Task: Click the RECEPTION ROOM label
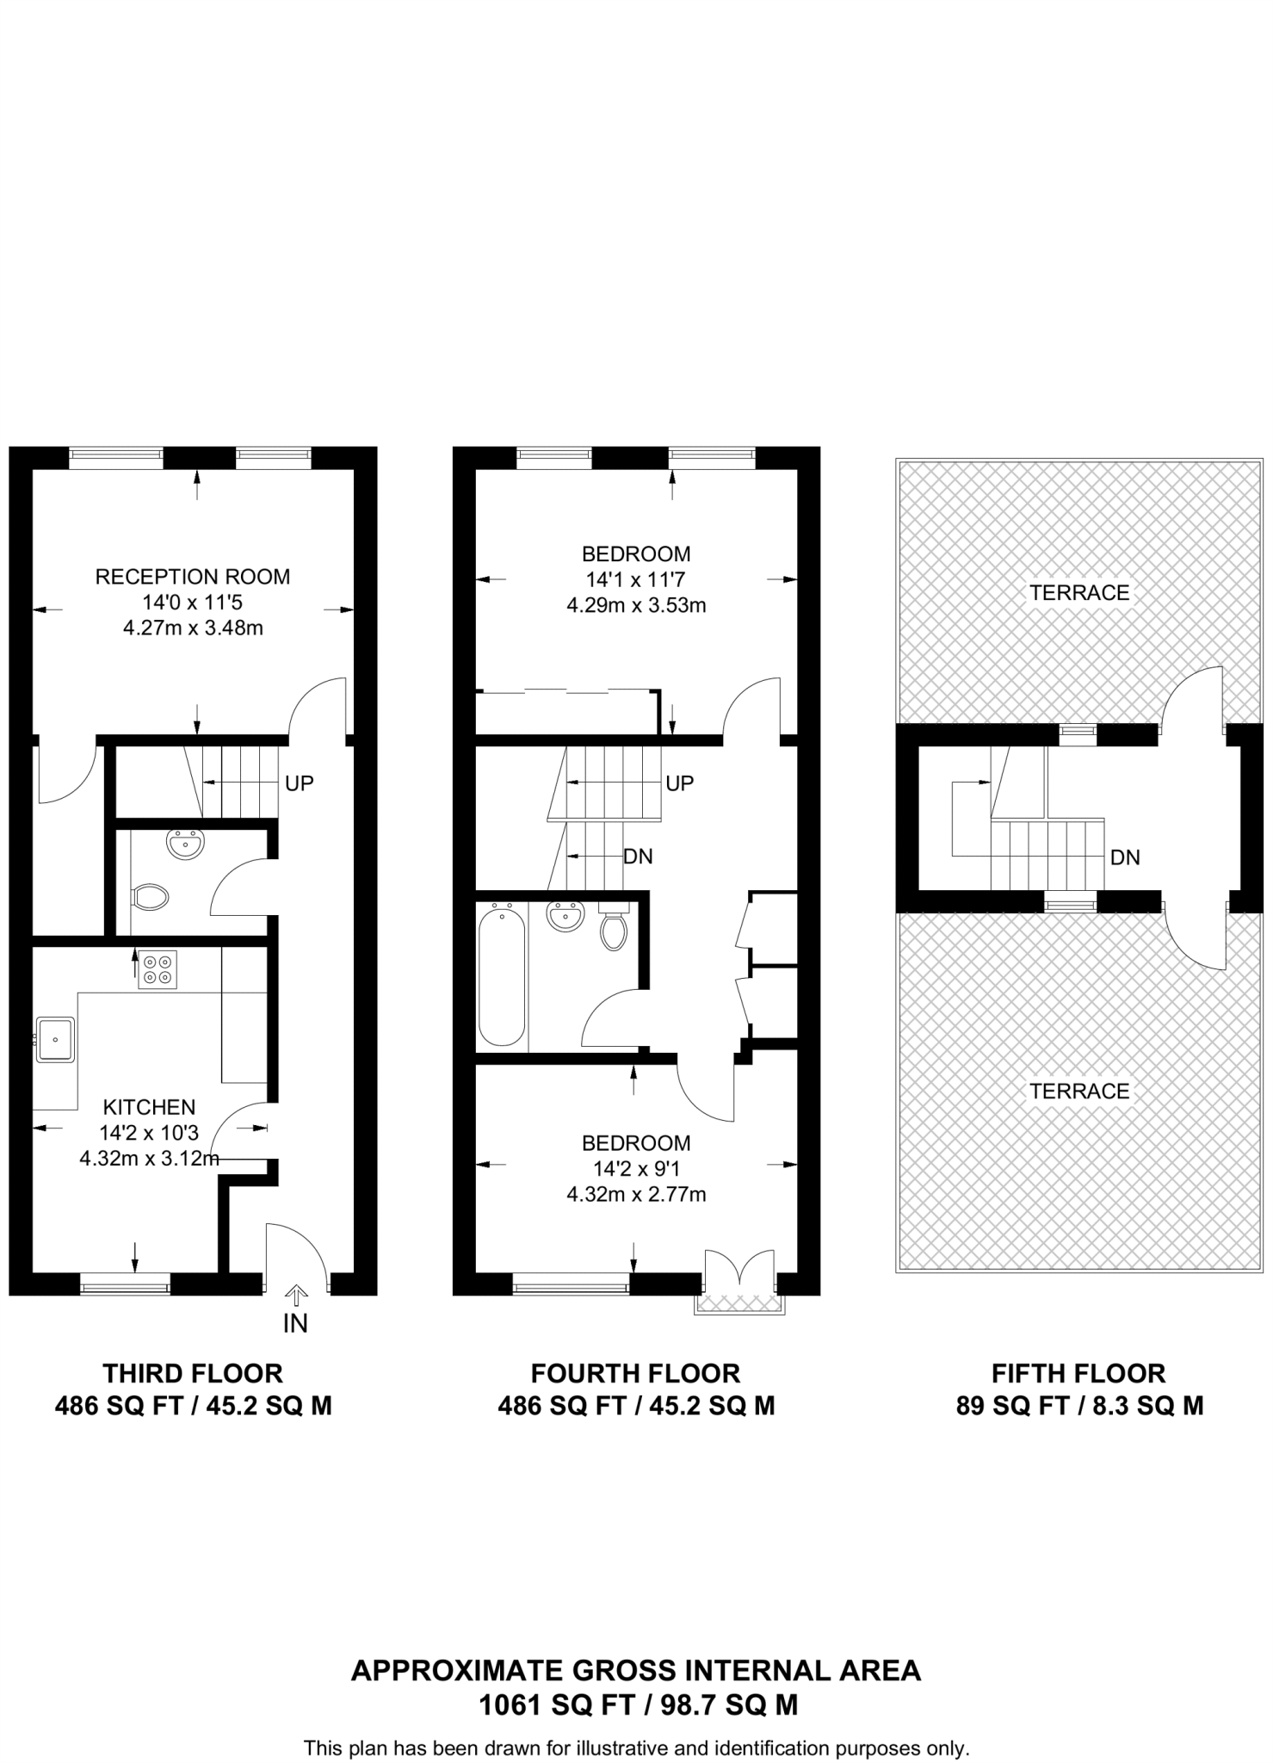(x=192, y=577)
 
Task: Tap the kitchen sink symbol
(x=56, y=1040)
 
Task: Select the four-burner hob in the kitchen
(x=158, y=969)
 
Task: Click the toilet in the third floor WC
(x=151, y=898)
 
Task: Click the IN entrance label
(x=295, y=1323)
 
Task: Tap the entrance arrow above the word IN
(x=295, y=1294)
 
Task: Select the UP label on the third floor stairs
(x=300, y=783)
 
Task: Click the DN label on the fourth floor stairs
(x=638, y=857)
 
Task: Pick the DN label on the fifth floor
(x=1125, y=857)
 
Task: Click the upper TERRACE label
(x=1079, y=592)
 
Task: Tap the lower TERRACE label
(x=1079, y=1091)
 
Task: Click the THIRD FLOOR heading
(x=193, y=1373)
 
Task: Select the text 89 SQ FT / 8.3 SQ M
(x=1079, y=1406)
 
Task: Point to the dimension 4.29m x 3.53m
(x=636, y=605)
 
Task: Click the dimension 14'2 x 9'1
(x=636, y=1168)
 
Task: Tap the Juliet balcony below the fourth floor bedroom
(x=739, y=1304)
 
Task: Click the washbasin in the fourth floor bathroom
(x=565, y=916)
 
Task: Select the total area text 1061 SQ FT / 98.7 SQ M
(x=637, y=1705)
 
